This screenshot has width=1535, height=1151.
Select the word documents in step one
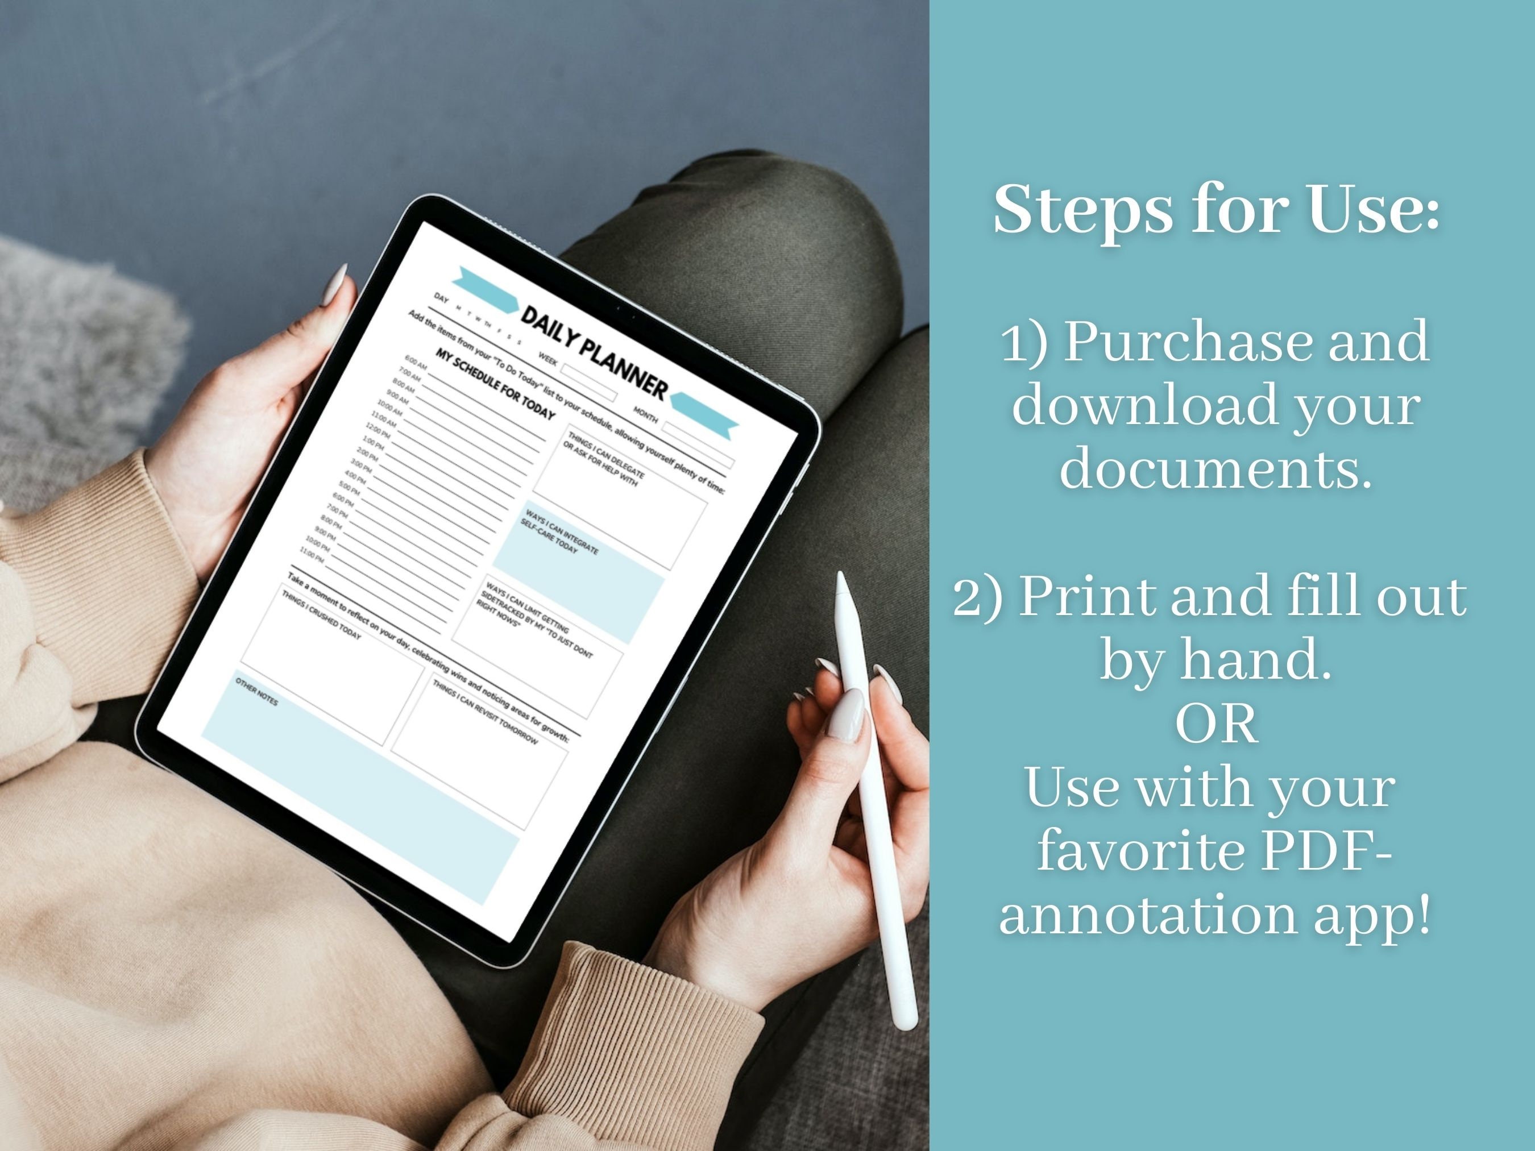(1216, 468)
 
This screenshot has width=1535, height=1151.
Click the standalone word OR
(1216, 724)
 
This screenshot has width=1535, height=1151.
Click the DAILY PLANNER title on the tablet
(594, 352)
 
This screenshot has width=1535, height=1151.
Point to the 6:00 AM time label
(416, 361)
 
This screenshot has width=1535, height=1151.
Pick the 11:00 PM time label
(312, 553)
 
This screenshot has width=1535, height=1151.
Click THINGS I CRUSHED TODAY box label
(321, 614)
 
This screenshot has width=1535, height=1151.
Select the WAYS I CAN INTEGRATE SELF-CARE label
(559, 532)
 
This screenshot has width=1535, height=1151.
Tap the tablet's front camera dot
(633, 317)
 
